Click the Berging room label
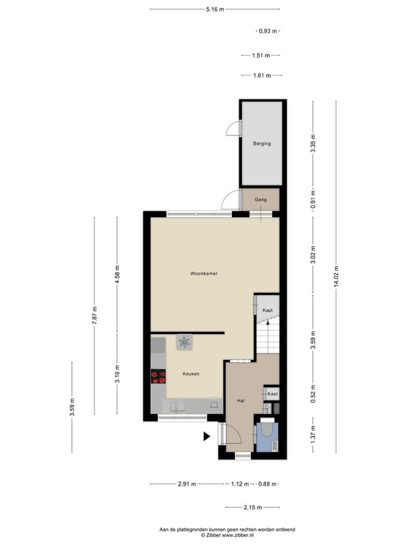(x=262, y=143)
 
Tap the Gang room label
(x=260, y=199)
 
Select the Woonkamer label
(x=204, y=273)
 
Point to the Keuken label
(x=191, y=373)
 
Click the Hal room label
(x=241, y=401)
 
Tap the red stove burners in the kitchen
(x=158, y=377)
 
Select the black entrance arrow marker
(x=207, y=437)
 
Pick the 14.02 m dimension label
(x=336, y=277)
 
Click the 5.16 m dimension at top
(x=215, y=10)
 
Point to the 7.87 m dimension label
(x=95, y=316)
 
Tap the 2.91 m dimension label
(x=187, y=484)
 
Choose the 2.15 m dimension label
(x=252, y=507)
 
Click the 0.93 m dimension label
(x=268, y=31)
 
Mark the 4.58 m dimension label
(x=117, y=274)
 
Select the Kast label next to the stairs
(x=267, y=310)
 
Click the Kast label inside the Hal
(x=273, y=394)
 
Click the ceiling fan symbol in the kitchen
(x=184, y=343)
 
